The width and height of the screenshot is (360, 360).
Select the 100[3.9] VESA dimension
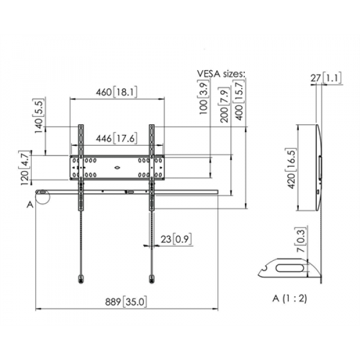[x=205, y=100]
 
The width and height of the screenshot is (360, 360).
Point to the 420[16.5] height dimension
[x=291, y=169]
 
